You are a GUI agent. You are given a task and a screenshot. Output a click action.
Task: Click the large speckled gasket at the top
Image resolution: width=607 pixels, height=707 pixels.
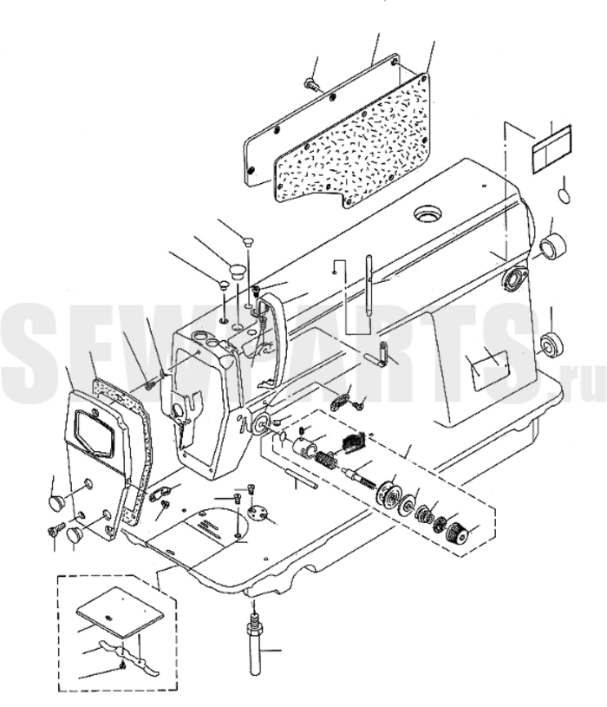click(364, 143)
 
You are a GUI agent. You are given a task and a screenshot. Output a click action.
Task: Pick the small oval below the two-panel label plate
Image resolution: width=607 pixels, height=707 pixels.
click(565, 192)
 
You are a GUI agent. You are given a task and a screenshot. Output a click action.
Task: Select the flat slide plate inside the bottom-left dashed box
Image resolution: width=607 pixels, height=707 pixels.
click(119, 609)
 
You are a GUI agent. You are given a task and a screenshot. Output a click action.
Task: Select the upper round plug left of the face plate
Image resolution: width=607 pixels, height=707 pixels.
click(59, 502)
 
